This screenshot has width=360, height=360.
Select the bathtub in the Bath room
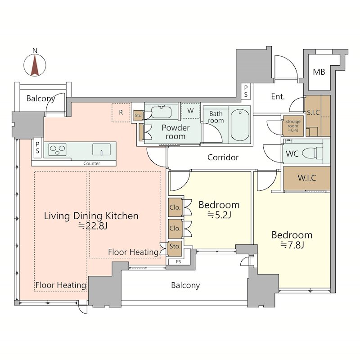[240, 125]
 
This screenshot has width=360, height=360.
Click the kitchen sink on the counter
[102, 149]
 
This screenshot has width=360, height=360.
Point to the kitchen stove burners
[58, 150]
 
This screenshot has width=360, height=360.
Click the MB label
[319, 72]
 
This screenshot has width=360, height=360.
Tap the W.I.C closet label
[307, 178]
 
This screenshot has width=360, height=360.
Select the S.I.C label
[313, 112]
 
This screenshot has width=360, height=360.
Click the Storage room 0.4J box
[293, 126]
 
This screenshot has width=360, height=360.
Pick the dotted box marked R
[121, 112]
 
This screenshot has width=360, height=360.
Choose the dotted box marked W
[190, 111]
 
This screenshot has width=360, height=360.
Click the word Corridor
[223, 157]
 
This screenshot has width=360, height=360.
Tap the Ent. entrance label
[278, 96]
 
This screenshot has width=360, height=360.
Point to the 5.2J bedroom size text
[219, 215]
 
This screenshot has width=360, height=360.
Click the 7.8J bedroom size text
[292, 245]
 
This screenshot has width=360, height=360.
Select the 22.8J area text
[93, 226]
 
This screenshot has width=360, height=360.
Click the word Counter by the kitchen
[92, 163]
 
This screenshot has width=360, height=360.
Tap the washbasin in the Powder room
[162, 112]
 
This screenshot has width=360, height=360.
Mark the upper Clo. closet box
[175, 207]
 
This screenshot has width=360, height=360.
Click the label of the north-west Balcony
[40, 99]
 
